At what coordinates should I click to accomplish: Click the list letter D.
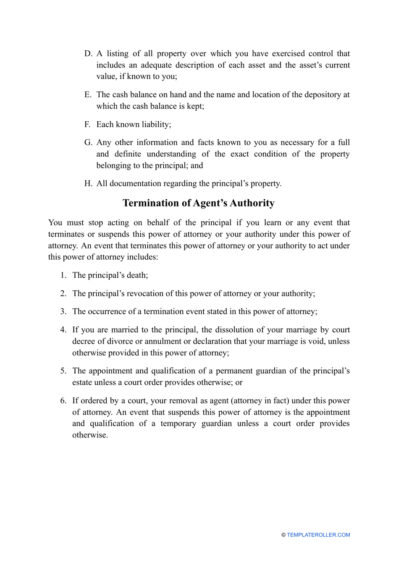pos(88,54)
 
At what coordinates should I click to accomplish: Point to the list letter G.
pos(88,143)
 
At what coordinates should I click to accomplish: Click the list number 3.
pos(63,312)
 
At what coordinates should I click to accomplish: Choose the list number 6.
pos(63,401)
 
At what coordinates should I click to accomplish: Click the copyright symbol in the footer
pos(283,535)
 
